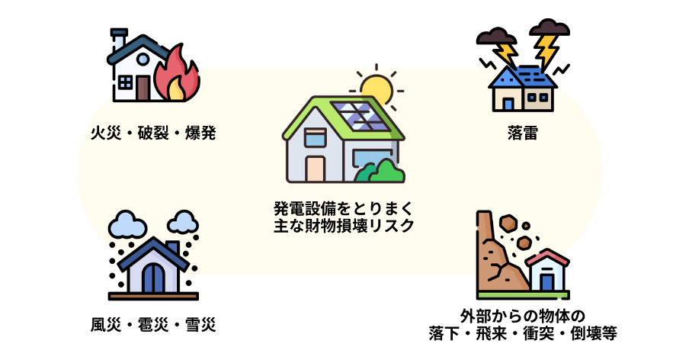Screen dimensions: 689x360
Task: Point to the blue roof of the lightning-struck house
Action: point(523,76)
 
